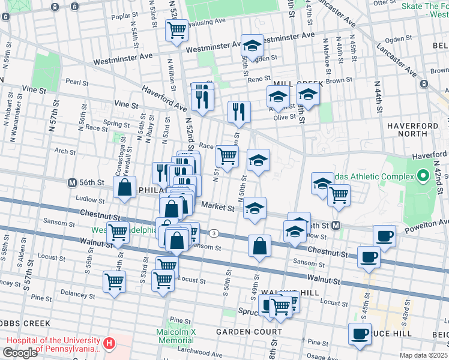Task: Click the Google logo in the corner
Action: [x=20, y=352]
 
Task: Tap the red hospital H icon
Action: [x=109, y=344]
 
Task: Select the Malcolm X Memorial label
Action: [x=176, y=336]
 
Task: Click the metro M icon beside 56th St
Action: [x=72, y=182]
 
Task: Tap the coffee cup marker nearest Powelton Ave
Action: [x=384, y=236]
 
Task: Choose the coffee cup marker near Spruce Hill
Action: [x=360, y=334]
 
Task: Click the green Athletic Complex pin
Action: [x=423, y=176]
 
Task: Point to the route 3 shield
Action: [x=214, y=233]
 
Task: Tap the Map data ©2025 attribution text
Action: [x=423, y=355]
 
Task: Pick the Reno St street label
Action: [x=259, y=79]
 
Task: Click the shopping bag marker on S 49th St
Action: [x=259, y=246]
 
